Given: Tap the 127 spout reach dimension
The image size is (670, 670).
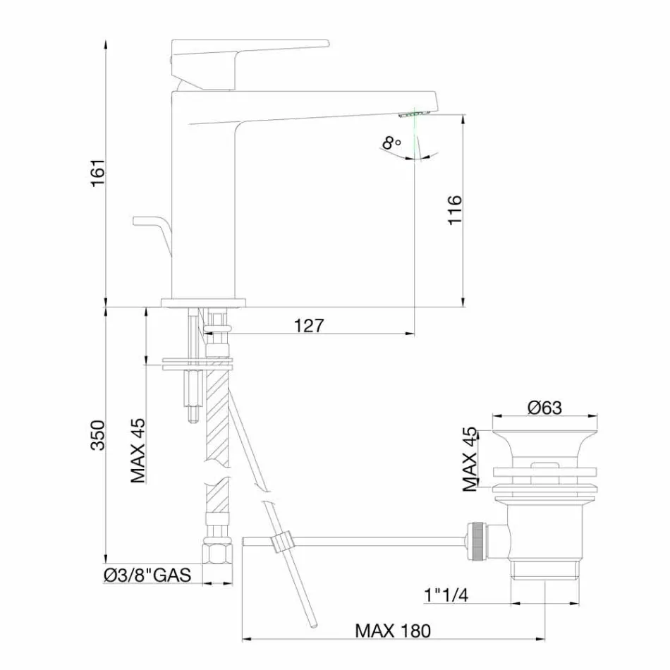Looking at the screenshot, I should pyautogui.click(x=308, y=325).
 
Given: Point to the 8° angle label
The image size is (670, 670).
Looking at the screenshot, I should pyautogui.click(x=391, y=144).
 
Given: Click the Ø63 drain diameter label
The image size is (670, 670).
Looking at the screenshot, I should pyautogui.click(x=544, y=408).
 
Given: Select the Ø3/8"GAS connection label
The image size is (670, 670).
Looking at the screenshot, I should pyautogui.click(x=147, y=575).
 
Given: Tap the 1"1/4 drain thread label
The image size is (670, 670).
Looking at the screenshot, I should pyautogui.click(x=446, y=595).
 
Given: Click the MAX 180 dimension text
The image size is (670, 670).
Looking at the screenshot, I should pyautogui.click(x=392, y=630).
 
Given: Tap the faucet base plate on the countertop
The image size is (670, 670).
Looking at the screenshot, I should pyautogui.click(x=204, y=303).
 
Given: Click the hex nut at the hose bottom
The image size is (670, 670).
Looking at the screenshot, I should pyautogui.click(x=217, y=552).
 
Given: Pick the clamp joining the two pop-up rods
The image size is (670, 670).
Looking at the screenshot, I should pyautogui.click(x=282, y=542).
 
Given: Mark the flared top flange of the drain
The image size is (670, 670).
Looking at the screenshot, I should pyautogui.click(x=544, y=440).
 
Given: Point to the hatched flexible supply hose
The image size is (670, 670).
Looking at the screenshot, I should pyautogui.click(x=217, y=423).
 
